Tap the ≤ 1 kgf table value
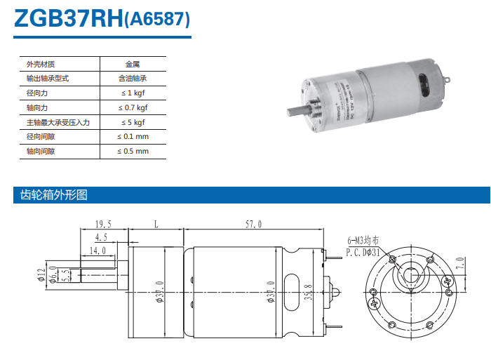pos(133,93)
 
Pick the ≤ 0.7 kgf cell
pos(133,108)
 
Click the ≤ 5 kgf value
pos(133,122)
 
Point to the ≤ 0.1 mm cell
pos(133,137)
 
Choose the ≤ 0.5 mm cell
pos(133,152)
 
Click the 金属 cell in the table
pos(133,64)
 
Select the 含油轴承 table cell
pos(133,79)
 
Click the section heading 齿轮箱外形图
pos(51,195)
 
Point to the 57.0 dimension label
pos(253,224)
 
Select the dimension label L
pos(155,224)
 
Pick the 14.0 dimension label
pos(97,250)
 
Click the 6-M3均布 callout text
pos(364,241)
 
